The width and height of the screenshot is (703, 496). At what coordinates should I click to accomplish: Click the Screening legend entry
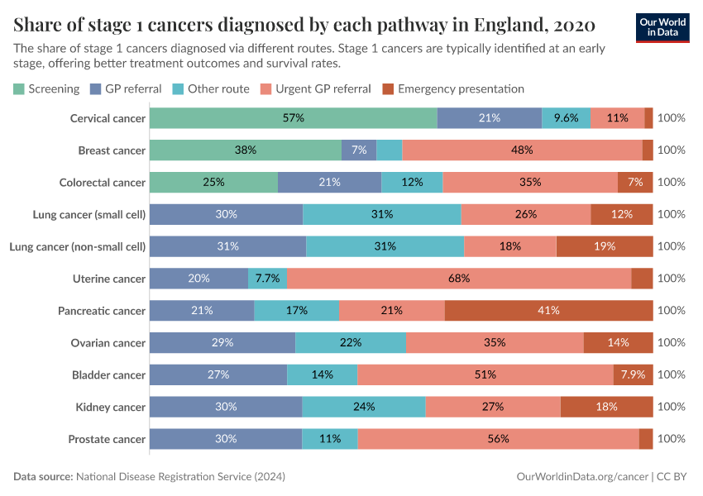[46, 88]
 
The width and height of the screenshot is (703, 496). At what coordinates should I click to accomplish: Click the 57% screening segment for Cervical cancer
[294, 118]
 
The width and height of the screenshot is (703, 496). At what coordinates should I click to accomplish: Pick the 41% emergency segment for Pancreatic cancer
[548, 311]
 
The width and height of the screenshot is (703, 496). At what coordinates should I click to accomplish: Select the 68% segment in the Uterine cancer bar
[459, 279]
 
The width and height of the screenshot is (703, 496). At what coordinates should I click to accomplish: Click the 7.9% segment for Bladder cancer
[633, 374]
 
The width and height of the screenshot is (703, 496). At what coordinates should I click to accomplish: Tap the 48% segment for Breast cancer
[522, 150]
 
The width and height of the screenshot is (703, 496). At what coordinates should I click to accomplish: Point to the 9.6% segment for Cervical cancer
[566, 118]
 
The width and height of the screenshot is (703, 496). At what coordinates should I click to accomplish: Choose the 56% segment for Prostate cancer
[498, 439]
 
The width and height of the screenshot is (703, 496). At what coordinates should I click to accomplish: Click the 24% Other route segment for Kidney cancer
[364, 407]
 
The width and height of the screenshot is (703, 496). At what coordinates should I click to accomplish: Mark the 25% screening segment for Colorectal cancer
[213, 182]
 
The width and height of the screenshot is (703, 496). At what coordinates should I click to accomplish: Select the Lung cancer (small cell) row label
[89, 214]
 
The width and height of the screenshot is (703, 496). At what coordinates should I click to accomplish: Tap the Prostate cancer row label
[107, 439]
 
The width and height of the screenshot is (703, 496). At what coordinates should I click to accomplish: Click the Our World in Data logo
[662, 26]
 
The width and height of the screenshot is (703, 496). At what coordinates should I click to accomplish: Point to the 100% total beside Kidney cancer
[671, 407]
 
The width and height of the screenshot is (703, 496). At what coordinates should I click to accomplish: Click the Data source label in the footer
[43, 477]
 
